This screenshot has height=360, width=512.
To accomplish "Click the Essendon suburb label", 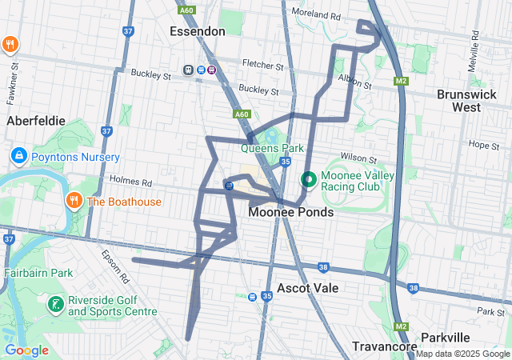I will [198, 30].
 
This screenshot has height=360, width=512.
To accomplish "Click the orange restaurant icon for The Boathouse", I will [75, 201].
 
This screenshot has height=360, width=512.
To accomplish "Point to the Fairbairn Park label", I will [38, 273].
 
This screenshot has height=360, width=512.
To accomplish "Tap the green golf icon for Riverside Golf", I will [55, 304].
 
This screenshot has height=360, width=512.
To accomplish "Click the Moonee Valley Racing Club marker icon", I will [308, 180].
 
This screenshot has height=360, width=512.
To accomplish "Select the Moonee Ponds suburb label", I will [290, 213].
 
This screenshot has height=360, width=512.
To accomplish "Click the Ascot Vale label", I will [307, 287].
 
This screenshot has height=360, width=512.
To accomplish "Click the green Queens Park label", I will [273, 148].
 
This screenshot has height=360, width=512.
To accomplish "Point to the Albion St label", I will [355, 82].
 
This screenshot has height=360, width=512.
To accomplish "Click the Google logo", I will [26, 350].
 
